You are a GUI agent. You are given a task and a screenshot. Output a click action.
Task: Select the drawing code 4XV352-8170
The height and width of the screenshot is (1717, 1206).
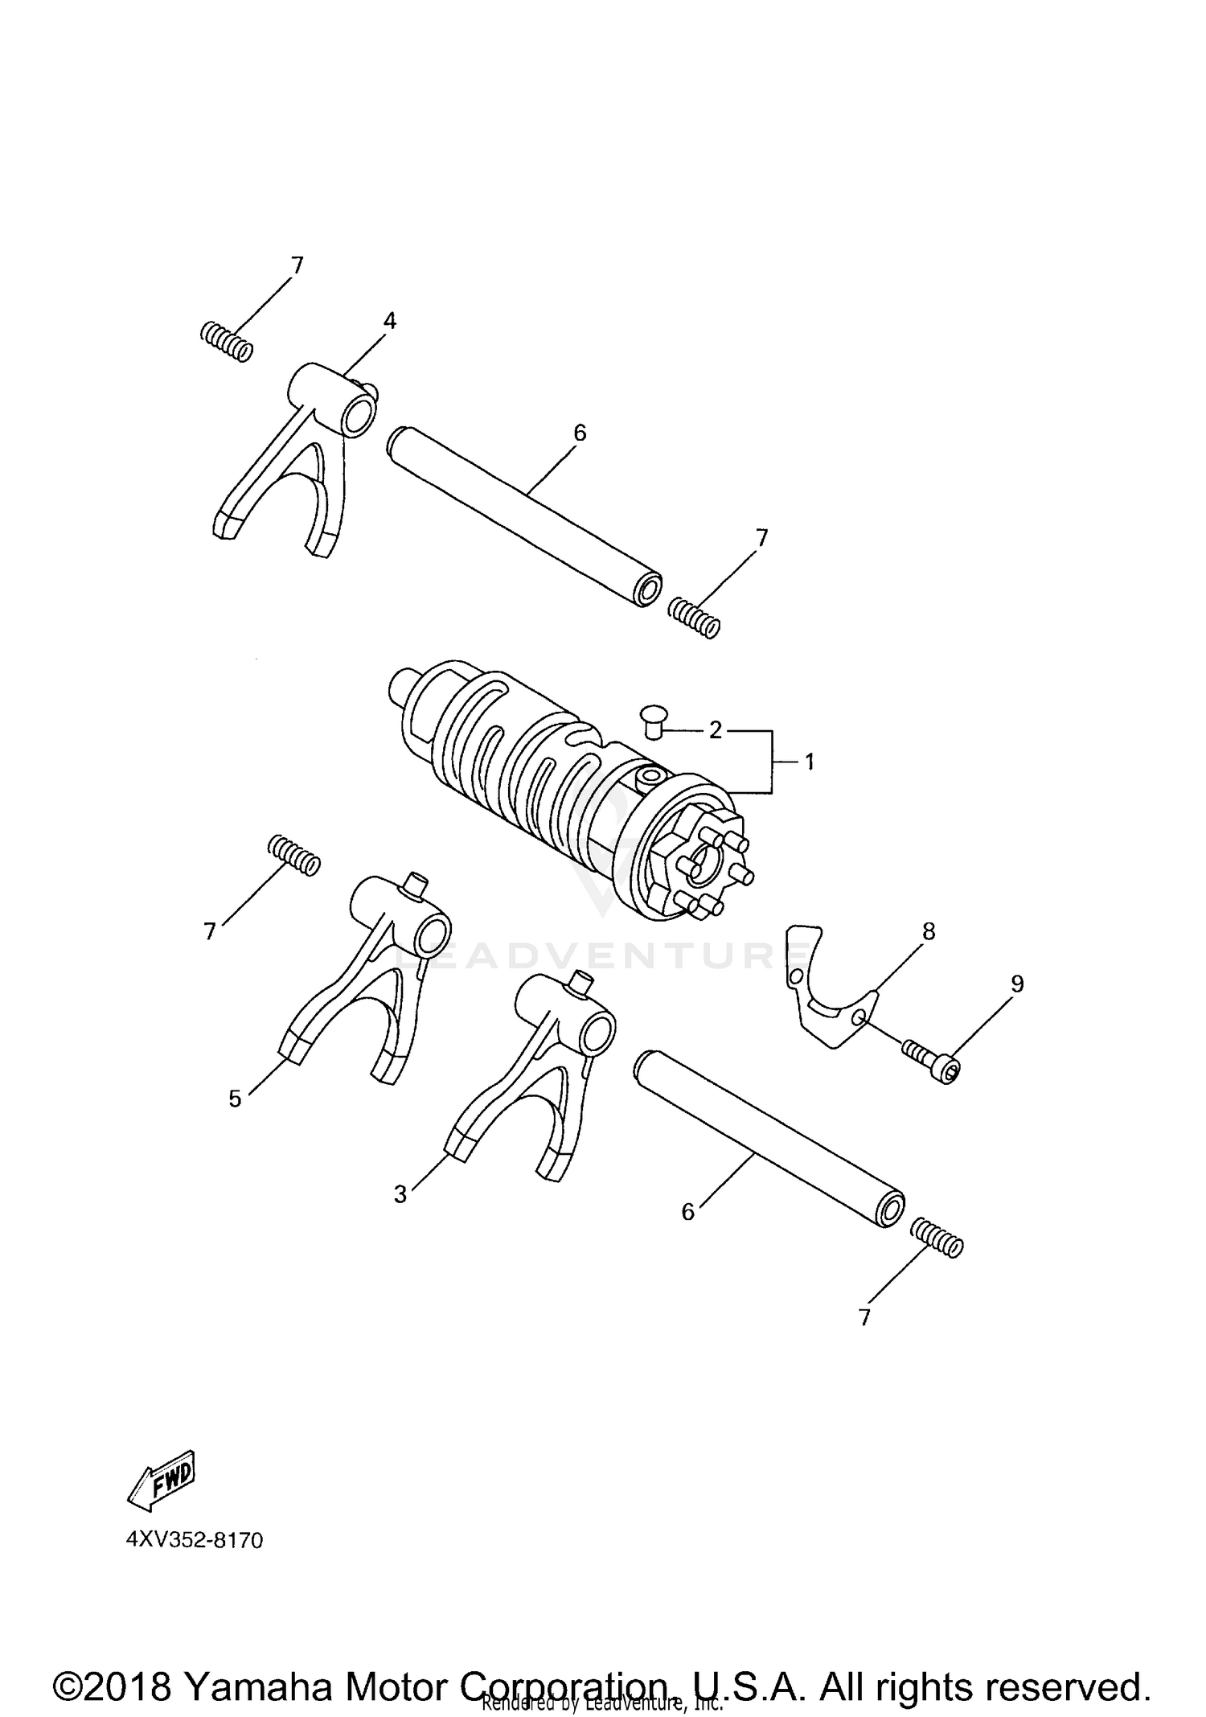click(x=195, y=1540)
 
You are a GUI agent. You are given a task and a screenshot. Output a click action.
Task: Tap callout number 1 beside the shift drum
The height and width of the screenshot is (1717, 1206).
click(x=810, y=761)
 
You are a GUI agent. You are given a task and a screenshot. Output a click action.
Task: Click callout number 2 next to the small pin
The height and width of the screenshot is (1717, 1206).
click(x=715, y=729)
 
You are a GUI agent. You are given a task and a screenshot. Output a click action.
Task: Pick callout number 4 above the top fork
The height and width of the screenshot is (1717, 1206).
click(x=389, y=321)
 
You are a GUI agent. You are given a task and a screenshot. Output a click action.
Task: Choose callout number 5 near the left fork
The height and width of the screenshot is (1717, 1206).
click(x=235, y=1098)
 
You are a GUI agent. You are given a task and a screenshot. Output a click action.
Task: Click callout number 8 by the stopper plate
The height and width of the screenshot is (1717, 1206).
click(x=929, y=931)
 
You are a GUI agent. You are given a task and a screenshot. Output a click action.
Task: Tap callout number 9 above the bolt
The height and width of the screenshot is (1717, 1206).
click(x=1017, y=984)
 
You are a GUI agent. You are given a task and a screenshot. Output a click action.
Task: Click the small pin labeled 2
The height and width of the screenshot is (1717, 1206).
click(x=651, y=721)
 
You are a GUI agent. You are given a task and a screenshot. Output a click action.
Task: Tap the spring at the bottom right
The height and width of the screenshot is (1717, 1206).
click(x=937, y=1235)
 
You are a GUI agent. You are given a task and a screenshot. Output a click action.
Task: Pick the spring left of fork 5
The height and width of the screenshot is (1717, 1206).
click(x=293, y=854)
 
